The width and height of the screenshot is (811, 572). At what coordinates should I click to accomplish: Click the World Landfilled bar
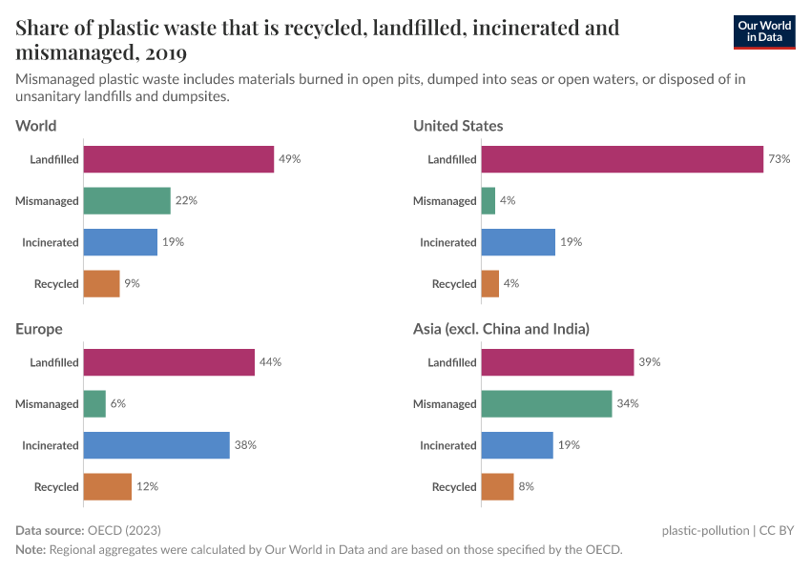(x=178, y=159)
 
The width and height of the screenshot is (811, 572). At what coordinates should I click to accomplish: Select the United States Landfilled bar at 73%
(x=622, y=159)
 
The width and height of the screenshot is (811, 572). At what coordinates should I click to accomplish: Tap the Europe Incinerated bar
(x=156, y=445)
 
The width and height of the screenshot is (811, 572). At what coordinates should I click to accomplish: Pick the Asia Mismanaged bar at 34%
(x=546, y=404)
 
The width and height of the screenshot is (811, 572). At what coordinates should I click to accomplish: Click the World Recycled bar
(x=101, y=284)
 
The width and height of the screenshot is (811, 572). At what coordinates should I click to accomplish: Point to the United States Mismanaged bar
(x=489, y=201)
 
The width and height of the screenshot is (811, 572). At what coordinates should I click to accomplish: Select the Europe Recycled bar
(x=107, y=487)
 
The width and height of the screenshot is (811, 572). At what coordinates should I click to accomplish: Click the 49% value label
(x=289, y=159)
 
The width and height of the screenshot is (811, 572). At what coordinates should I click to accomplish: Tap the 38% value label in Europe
(x=246, y=445)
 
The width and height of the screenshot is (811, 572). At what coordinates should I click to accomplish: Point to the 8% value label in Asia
(x=527, y=487)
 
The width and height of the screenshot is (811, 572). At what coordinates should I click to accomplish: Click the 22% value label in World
(x=186, y=201)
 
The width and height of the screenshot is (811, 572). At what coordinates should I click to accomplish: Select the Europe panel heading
(x=39, y=329)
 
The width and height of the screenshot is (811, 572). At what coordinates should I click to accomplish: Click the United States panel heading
(x=458, y=126)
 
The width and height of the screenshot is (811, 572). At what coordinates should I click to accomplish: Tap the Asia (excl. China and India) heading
(x=501, y=329)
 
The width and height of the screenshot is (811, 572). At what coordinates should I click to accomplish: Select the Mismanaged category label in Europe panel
(x=46, y=404)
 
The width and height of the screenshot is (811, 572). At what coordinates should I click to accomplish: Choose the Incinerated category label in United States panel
(x=447, y=243)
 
